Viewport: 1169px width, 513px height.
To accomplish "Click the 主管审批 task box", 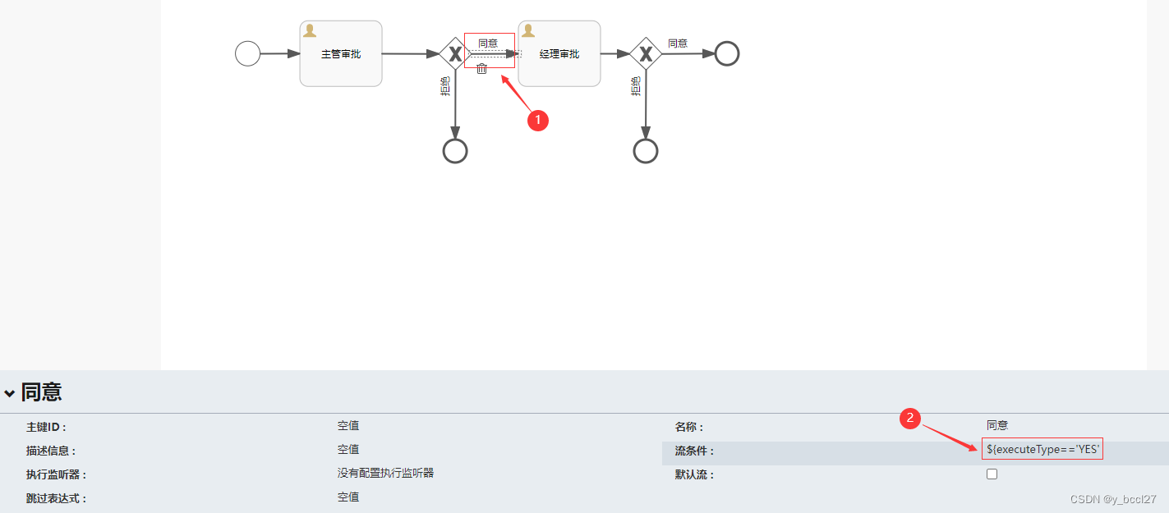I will (341, 54).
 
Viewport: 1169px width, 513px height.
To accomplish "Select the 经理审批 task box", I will (559, 54).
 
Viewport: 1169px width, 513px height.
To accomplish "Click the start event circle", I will (247, 54).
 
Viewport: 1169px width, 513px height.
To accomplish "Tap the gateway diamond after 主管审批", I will (454, 54).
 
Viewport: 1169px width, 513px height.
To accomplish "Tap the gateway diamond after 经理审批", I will (646, 54).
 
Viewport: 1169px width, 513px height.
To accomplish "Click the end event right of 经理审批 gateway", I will (727, 53).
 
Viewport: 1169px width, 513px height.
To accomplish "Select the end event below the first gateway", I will (455, 151).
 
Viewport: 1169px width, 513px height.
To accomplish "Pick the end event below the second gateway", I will (646, 151).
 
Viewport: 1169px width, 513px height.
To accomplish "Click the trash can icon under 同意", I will (482, 69).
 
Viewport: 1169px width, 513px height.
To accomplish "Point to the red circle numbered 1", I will (537, 120).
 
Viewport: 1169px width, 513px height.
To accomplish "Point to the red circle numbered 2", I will (909, 418).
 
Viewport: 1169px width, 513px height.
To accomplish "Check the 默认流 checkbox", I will (992, 474).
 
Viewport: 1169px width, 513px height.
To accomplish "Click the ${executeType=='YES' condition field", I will (1042, 449).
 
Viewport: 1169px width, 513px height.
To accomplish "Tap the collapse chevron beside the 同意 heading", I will (10, 394).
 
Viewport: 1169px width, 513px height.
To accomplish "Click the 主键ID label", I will (46, 427).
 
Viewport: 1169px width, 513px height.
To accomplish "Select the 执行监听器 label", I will (56, 474).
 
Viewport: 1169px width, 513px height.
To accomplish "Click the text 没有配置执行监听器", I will (385, 473).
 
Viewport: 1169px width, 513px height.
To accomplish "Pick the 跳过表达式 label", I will (56, 498).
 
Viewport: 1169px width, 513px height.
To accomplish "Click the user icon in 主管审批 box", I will (310, 30).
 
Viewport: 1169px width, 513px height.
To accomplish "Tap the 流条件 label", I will (694, 451).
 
